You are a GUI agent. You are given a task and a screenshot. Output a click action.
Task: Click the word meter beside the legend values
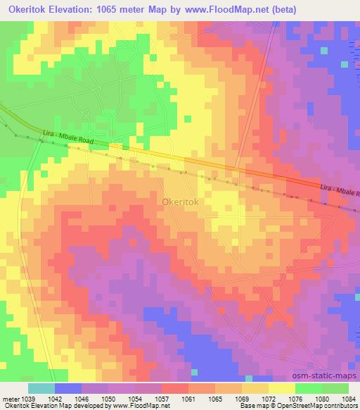tap(10, 399)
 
